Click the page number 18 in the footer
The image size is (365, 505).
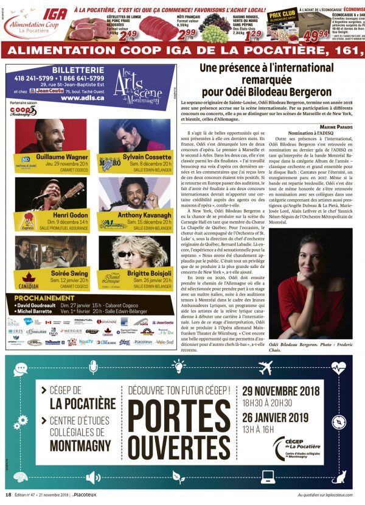pyautogui.click(x=8, y=495)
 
